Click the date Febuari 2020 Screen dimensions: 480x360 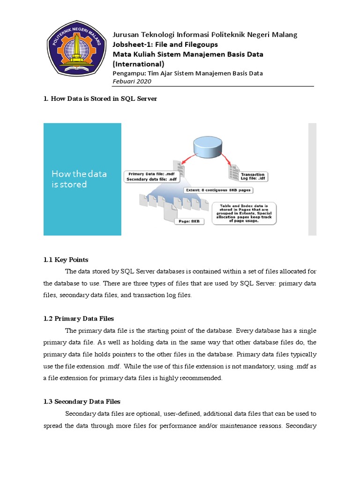[132, 81]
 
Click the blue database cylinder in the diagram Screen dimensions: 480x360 [207, 147]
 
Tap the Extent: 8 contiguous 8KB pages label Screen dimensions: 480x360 [217, 190]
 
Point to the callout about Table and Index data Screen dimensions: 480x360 [244, 213]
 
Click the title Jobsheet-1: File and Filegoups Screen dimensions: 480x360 [165, 45]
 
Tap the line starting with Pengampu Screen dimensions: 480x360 [188, 73]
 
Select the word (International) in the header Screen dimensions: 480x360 [139, 64]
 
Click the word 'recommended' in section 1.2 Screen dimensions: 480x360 [202, 378]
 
